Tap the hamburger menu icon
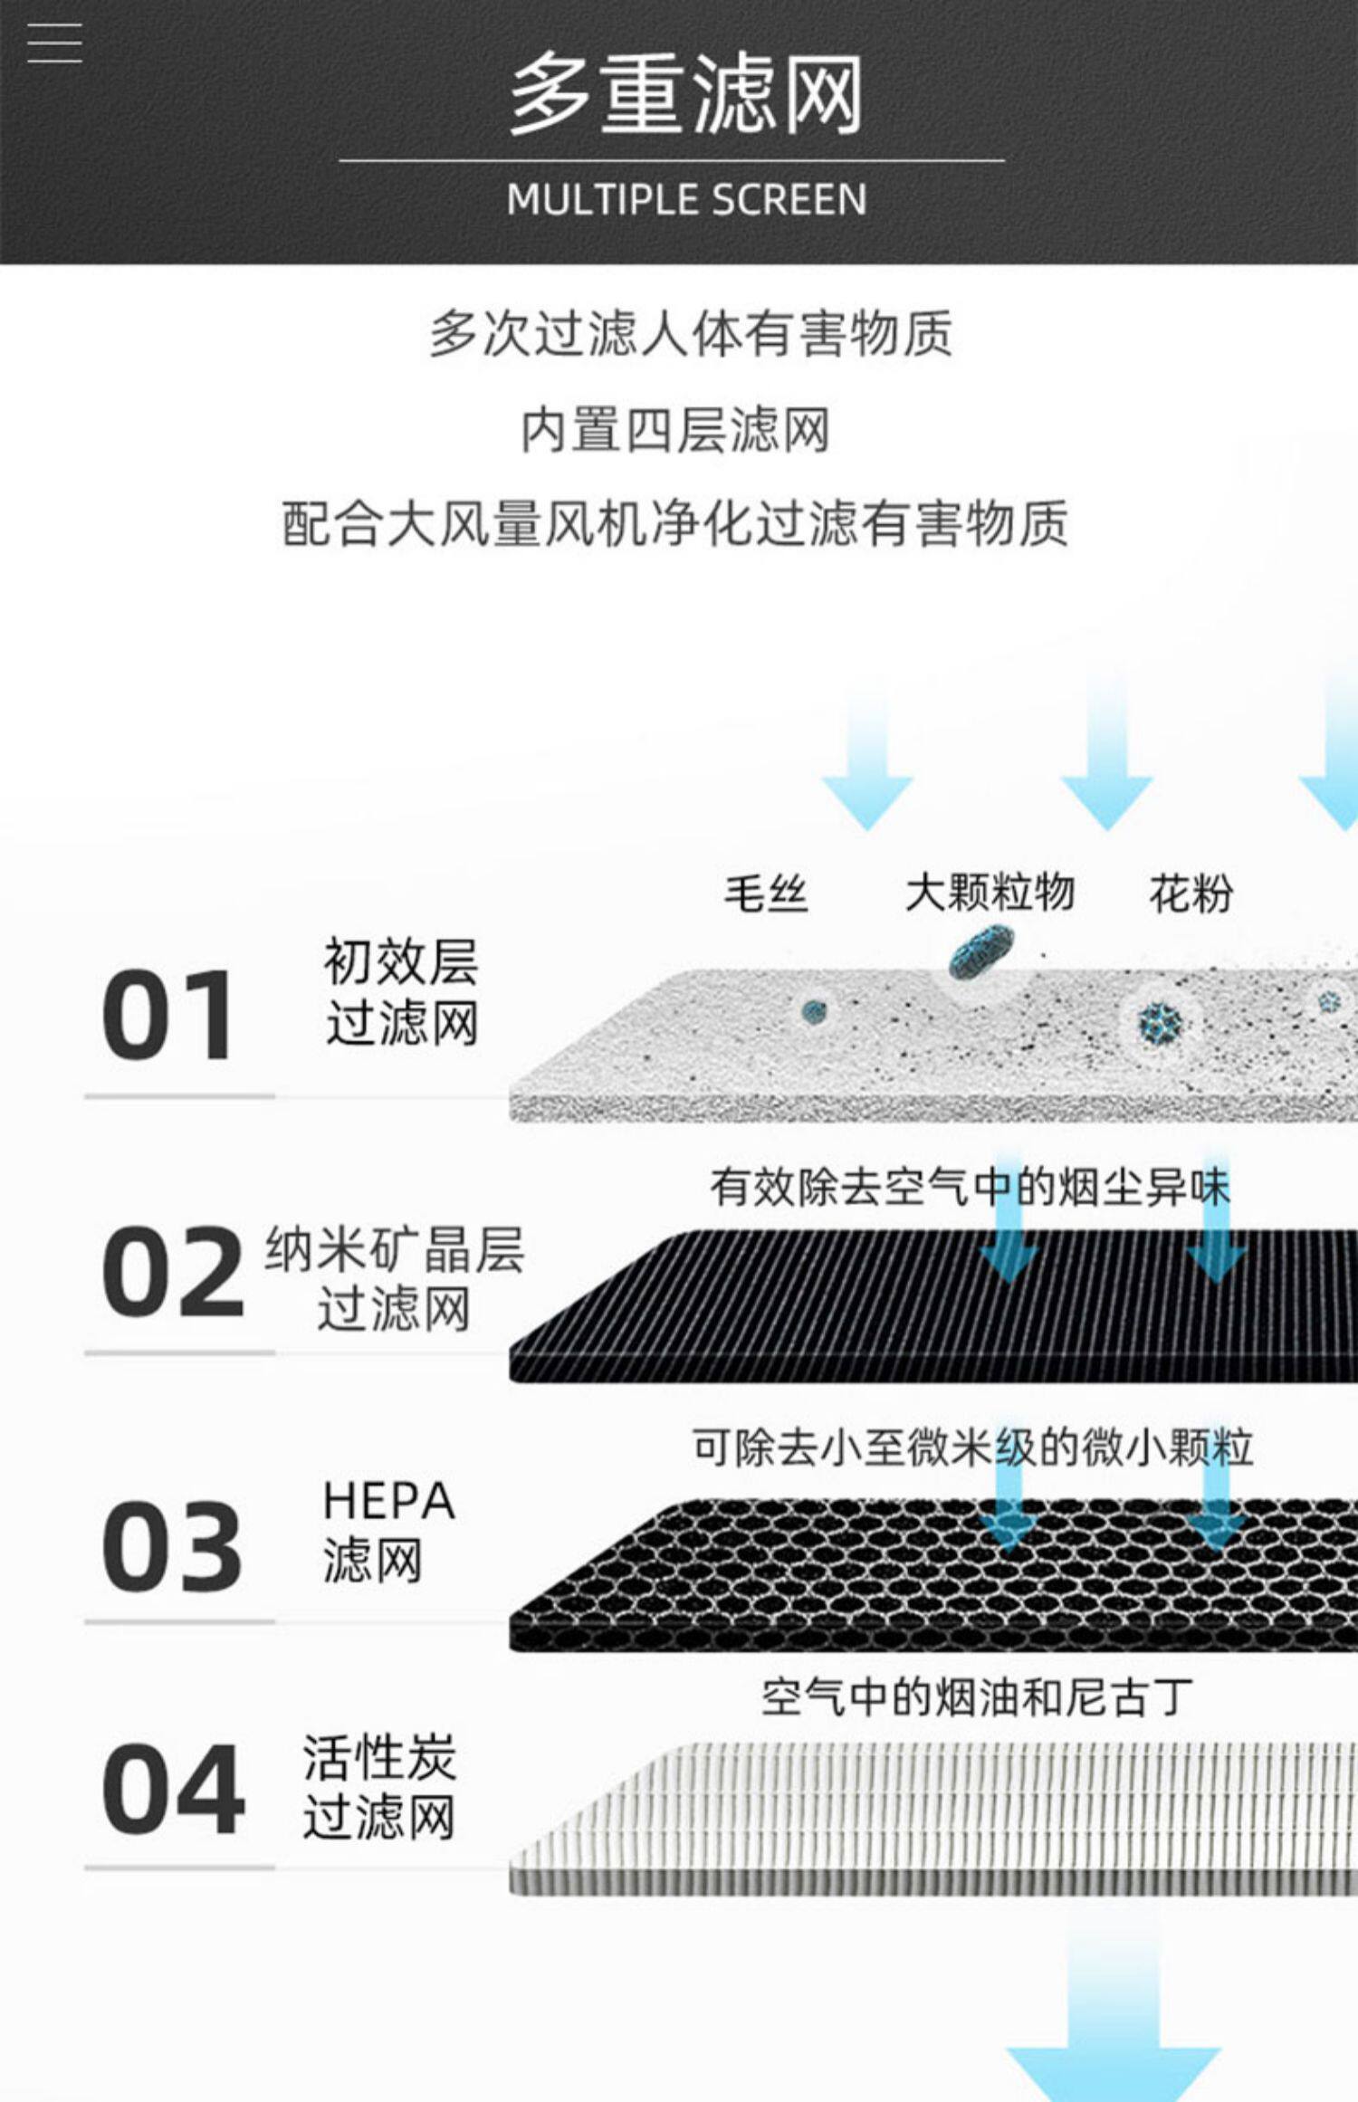tap(54, 43)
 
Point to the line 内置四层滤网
tap(675, 430)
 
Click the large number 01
tap(168, 1016)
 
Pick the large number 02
tap(172, 1272)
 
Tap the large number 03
tap(172, 1546)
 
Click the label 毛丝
tap(765, 893)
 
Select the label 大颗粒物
tap(990, 893)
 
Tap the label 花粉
tap(1191, 893)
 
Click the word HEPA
tap(388, 1501)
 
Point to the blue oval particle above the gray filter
tap(980, 952)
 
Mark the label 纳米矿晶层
tap(394, 1250)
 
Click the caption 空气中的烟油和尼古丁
tap(976, 1696)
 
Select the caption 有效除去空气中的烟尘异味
tap(970, 1187)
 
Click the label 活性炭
tap(379, 1757)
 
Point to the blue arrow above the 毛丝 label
tap(866, 769)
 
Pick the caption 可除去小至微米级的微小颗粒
tap(972, 1448)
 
